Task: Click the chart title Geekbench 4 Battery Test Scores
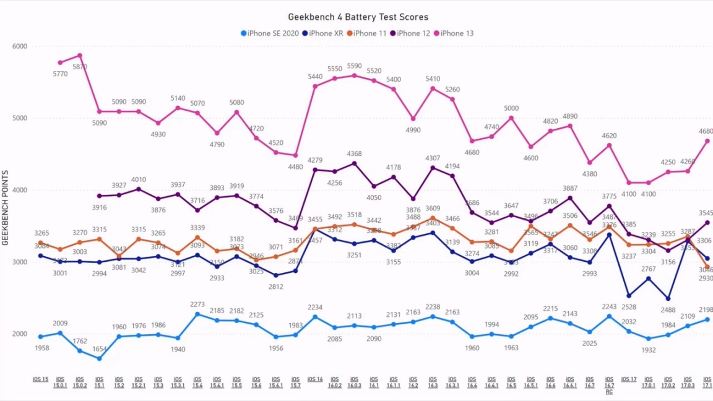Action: [x=358, y=17]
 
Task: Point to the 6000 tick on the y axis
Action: [x=20, y=46]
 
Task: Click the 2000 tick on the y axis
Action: [x=20, y=334]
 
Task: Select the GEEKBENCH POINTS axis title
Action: [x=6, y=207]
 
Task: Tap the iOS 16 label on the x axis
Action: [x=315, y=379]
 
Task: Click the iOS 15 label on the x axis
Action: [x=40, y=379]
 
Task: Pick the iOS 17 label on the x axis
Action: [x=629, y=379]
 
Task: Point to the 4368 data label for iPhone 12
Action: [x=354, y=154]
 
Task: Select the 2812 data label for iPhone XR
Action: [x=275, y=287]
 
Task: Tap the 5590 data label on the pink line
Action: [x=354, y=66]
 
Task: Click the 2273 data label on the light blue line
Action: [x=197, y=304]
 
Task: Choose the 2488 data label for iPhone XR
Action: [x=668, y=310]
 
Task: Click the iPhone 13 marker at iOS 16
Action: [x=315, y=86]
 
